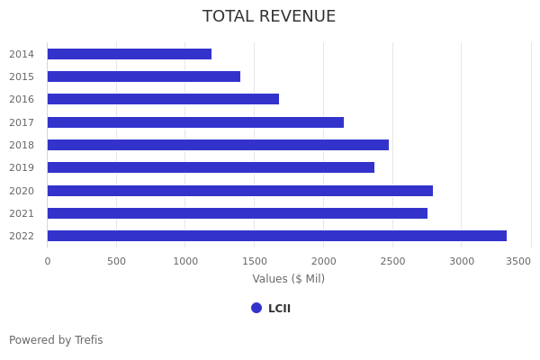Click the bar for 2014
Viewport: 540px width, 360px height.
(x=129, y=54)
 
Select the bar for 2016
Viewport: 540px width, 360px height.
(x=163, y=99)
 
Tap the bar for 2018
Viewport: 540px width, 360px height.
(x=218, y=145)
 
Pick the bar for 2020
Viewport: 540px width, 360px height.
(x=239, y=191)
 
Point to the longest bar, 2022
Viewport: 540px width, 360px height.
(x=276, y=236)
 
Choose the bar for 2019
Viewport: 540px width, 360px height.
(x=211, y=167)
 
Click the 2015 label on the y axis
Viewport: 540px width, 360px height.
(x=22, y=76)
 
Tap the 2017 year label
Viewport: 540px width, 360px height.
(x=22, y=122)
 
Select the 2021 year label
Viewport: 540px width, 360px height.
(x=22, y=213)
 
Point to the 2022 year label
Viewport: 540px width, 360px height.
(x=22, y=236)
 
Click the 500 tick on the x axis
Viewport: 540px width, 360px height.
(x=116, y=261)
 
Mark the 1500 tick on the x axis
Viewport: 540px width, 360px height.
(x=254, y=261)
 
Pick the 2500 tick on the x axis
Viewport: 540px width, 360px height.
(x=392, y=261)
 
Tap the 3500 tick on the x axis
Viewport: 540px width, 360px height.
(x=518, y=261)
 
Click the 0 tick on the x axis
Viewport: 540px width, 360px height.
(x=48, y=261)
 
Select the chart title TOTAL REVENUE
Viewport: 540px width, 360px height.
(x=269, y=17)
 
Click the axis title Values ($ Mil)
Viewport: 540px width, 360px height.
(x=288, y=279)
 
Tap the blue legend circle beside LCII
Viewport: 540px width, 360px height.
(x=256, y=308)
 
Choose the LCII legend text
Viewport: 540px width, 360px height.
(x=279, y=309)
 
